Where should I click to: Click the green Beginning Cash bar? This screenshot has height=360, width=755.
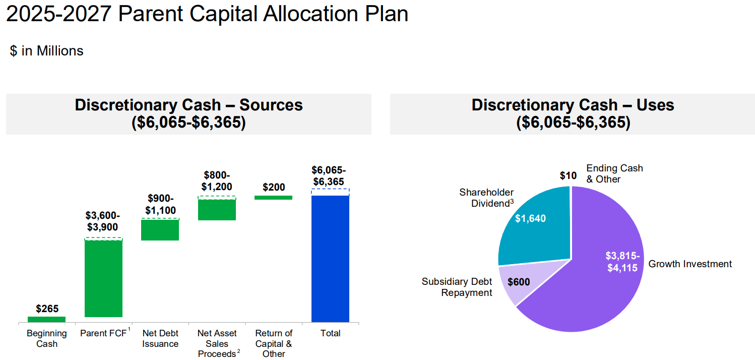click(46, 319)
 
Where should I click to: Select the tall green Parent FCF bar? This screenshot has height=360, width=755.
click(103, 278)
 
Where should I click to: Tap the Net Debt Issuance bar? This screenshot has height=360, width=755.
click(160, 230)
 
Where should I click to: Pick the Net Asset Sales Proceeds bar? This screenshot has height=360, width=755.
click(217, 209)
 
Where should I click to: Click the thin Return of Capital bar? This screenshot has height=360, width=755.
click(273, 198)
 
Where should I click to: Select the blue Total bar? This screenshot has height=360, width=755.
click(330, 258)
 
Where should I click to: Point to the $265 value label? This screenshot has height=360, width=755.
click(47, 309)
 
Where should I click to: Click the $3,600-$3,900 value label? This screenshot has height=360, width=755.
click(103, 221)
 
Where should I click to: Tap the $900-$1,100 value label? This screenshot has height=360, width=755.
click(160, 204)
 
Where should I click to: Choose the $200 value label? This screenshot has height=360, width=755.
click(274, 187)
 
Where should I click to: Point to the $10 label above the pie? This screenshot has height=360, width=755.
click(568, 175)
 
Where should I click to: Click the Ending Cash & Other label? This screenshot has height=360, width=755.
click(614, 173)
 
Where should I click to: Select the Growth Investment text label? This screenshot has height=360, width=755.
click(689, 264)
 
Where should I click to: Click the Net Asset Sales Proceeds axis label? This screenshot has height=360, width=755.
click(217, 343)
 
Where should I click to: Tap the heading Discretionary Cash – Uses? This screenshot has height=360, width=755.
click(573, 105)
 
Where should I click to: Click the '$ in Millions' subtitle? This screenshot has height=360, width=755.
click(47, 51)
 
